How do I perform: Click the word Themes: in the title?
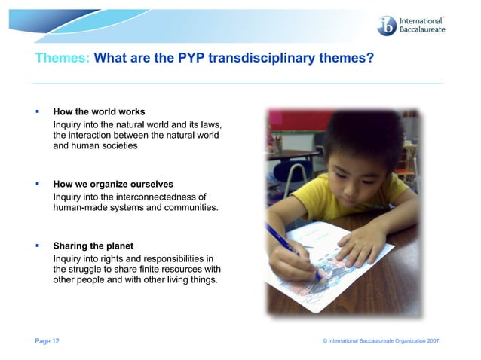[63, 57]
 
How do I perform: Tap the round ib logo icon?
[387, 25]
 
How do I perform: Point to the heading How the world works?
[99, 112]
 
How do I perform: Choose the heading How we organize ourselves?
[113, 184]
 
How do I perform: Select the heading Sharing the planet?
[93, 246]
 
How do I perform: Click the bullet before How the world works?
[37, 112]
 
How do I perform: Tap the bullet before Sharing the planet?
[37, 246]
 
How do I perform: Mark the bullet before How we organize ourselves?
[37, 184]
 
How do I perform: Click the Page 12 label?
[47, 341]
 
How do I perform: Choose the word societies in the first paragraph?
[116, 146]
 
